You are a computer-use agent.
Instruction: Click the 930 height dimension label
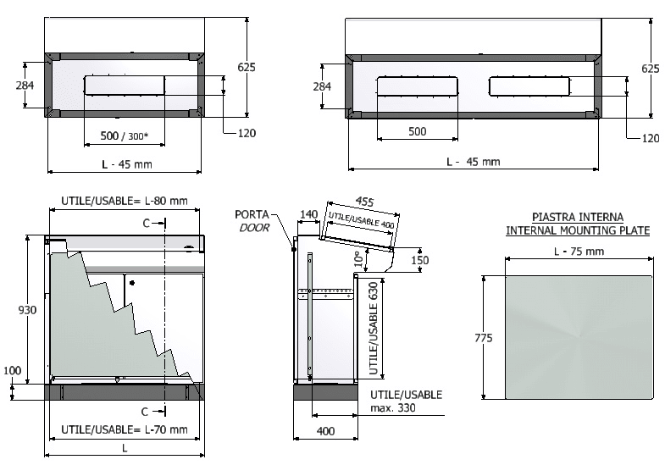click(x=27, y=310)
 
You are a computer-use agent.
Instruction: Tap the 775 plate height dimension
click(x=484, y=338)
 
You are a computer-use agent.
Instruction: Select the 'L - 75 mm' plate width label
click(x=579, y=252)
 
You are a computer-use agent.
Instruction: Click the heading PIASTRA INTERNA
click(x=578, y=218)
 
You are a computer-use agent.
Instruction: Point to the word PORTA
click(x=252, y=214)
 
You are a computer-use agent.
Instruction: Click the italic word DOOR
click(x=254, y=228)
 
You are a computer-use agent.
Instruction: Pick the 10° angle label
click(x=359, y=259)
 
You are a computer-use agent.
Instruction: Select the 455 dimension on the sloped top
click(x=364, y=201)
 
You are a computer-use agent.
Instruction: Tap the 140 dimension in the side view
click(x=308, y=214)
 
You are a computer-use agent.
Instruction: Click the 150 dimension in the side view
click(x=420, y=260)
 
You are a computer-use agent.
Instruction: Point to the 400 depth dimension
click(x=325, y=431)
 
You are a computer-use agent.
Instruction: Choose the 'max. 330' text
click(x=393, y=408)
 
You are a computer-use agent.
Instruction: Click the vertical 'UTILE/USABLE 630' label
click(x=374, y=329)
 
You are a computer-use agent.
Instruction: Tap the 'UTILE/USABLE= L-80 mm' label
click(x=125, y=201)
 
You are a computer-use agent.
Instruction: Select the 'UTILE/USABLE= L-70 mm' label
click(x=125, y=429)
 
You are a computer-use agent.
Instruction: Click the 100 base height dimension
click(x=13, y=370)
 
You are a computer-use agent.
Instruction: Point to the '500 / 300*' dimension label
click(x=125, y=136)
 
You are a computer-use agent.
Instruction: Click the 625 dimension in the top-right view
click(x=650, y=69)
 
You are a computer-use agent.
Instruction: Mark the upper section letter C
click(x=147, y=223)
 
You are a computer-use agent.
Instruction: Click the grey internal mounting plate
click(x=579, y=337)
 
